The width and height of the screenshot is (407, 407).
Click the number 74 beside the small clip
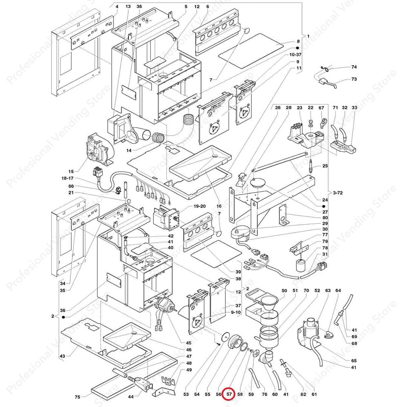point(354,67)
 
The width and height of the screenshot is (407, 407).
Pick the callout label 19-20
point(199,206)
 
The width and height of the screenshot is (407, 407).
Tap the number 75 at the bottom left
point(77,397)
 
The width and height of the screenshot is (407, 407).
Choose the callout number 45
point(188,343)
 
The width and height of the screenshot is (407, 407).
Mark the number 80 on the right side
point(325,217)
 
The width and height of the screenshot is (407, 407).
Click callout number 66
point(71,186)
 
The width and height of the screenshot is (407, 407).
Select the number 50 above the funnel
point(284,291)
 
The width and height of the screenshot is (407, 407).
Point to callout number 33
point(354,108)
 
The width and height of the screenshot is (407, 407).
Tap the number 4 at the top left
point(117,7)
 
